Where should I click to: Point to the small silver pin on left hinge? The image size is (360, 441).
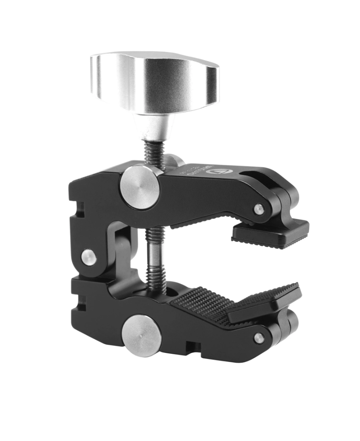pos(89,257)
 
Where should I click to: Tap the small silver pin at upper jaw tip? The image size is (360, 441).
pos(258,209)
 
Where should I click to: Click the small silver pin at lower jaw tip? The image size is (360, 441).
pos(259,338)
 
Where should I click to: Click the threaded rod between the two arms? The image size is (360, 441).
pos(155,258)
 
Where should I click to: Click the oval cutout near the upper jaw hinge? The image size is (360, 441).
pos(258,177)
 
